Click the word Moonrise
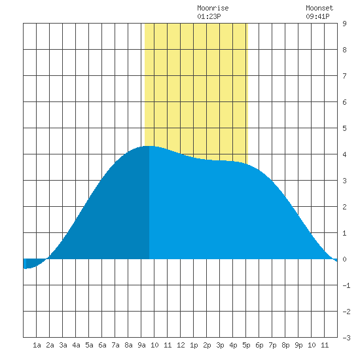point(213,8)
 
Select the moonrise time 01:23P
point(209,16)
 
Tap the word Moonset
point(319,8)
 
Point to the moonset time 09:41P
point(317,16)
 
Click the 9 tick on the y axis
point(344,24)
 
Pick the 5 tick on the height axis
point(344,128)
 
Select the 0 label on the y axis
point(344,259)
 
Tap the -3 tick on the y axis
point(346,338)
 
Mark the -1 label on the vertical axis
point(346,285)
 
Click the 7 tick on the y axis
point(344,76)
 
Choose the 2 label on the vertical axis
point(344,207)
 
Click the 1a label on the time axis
point(37,345)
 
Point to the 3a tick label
point(63,345)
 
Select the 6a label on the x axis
point(102,345)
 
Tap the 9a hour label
point(141,345)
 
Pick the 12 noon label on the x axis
point(181,345)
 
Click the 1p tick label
point(194,345)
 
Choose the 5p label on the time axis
point(246,345)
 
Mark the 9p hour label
point(298,345)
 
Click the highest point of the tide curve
point(149,146)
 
